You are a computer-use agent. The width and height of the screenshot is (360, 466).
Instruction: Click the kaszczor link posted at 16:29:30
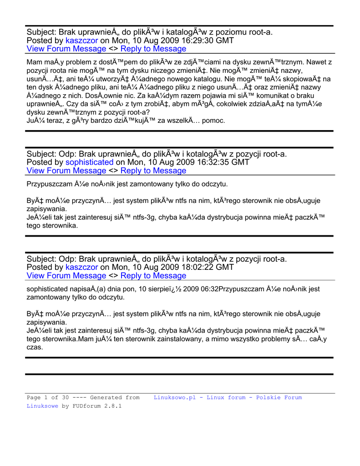81,41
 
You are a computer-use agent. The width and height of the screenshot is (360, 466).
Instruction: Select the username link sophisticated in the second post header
89,162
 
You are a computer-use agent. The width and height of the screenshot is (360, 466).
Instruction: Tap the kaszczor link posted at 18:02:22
81,267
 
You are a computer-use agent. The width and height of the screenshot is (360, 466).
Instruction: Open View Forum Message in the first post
66,49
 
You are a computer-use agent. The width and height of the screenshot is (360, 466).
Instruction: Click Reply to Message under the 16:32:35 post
153,171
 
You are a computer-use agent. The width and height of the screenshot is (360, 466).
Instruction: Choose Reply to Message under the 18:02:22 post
153,276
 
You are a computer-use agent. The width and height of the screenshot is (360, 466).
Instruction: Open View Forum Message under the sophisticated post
66,171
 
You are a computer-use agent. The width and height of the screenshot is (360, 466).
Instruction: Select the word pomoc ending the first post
214,121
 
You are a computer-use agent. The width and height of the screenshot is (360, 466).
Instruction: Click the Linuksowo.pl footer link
175,397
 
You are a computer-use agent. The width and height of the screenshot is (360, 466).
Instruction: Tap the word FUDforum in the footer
89,406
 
